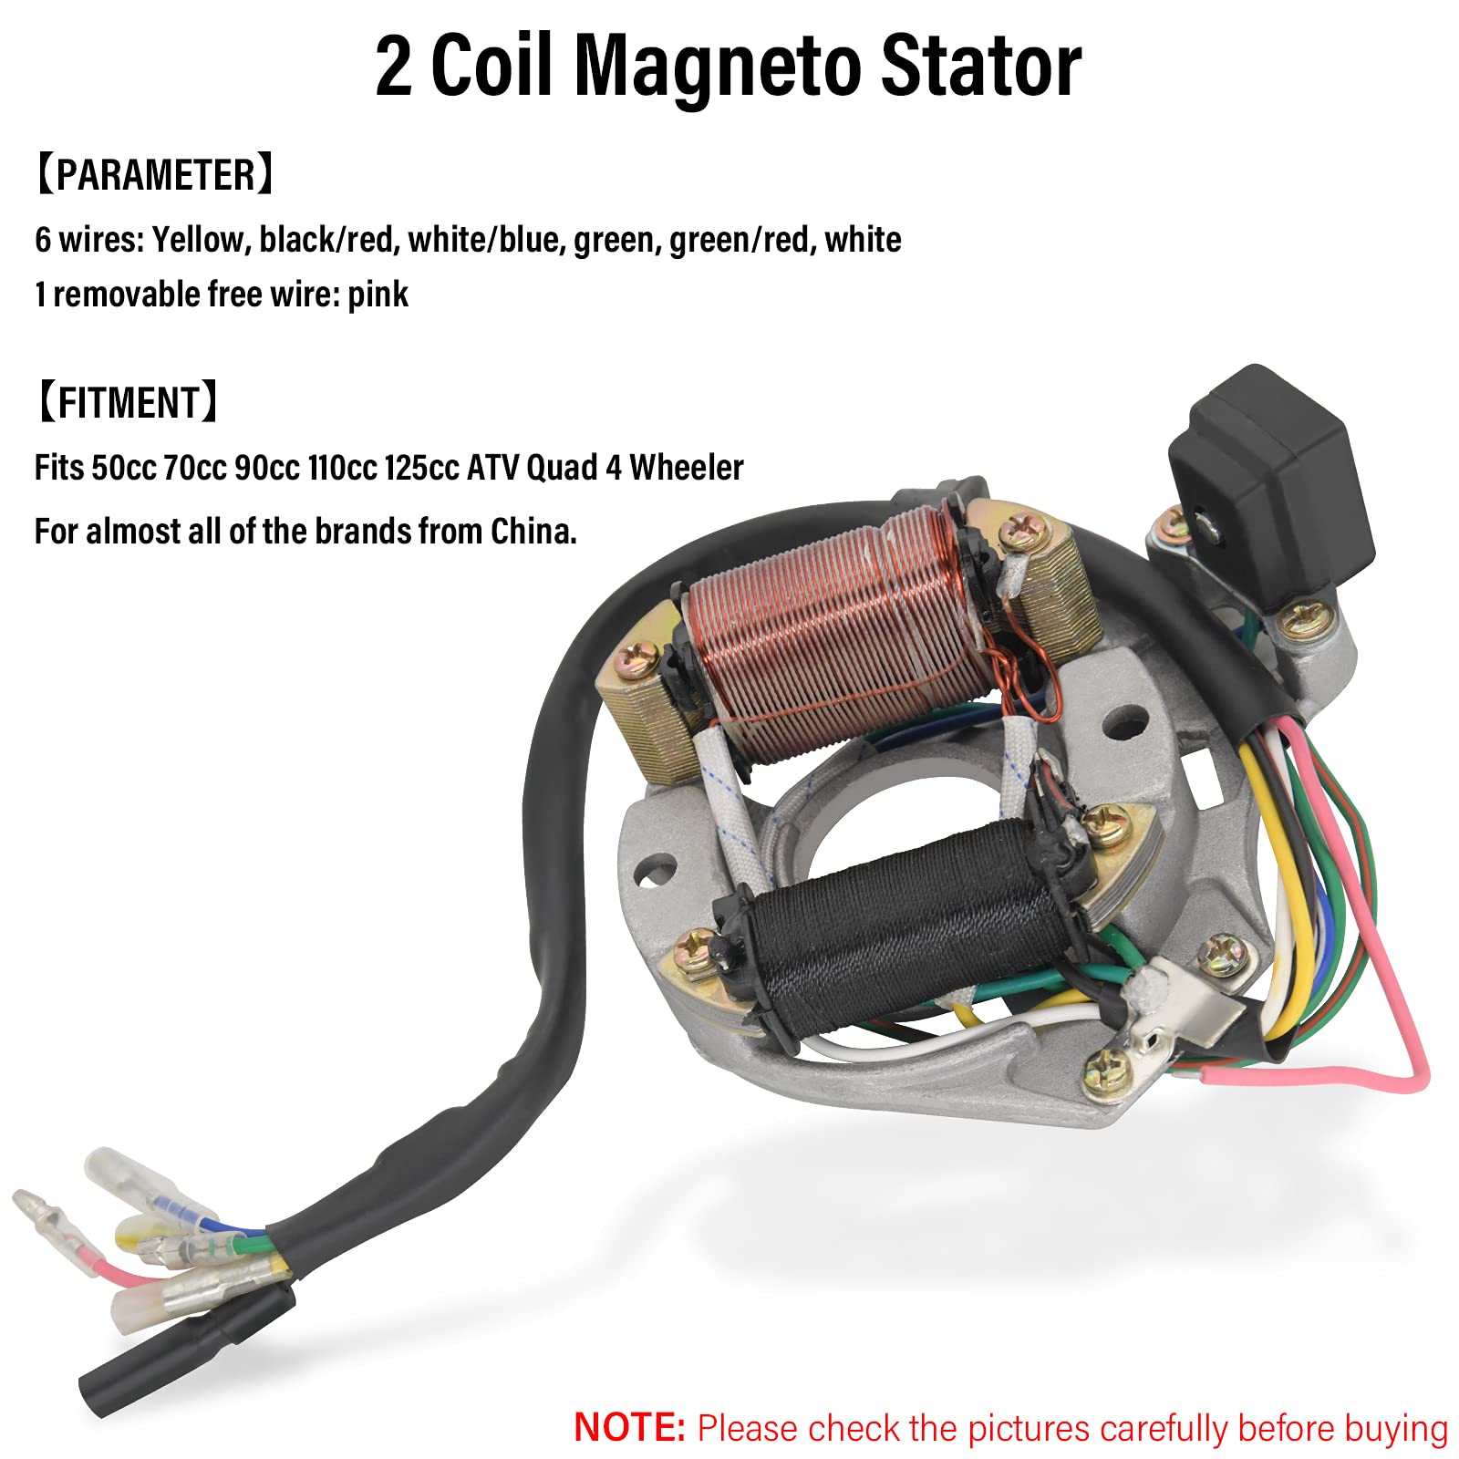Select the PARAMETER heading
point(154,174)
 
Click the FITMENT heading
point(127,402)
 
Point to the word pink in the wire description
point(378,295)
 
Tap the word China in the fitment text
point(533,531)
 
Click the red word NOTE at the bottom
point(629,1426)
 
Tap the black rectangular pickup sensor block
point(1272,474)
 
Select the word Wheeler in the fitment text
point(686,468)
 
